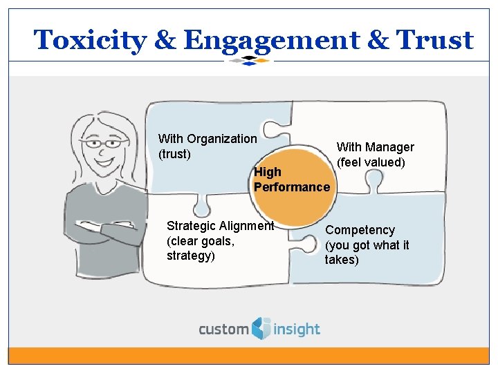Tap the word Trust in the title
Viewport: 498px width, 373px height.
coord(435,40)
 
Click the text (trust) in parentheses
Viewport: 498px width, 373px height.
coord(174,154)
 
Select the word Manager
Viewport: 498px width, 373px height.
coord(389,147)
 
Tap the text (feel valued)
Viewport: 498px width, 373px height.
coord(371,162)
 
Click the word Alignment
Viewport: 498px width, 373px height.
coord(246,226)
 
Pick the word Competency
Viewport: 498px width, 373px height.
coord(360,230)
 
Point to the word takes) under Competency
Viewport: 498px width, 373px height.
coord(342,260)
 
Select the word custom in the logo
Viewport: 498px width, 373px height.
coord(223,329)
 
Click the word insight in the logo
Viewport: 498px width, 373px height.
coord(296,329)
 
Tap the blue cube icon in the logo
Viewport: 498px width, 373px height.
coord(261,327)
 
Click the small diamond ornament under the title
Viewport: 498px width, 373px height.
coord(249,61)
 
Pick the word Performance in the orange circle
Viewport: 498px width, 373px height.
coord(292,187)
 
